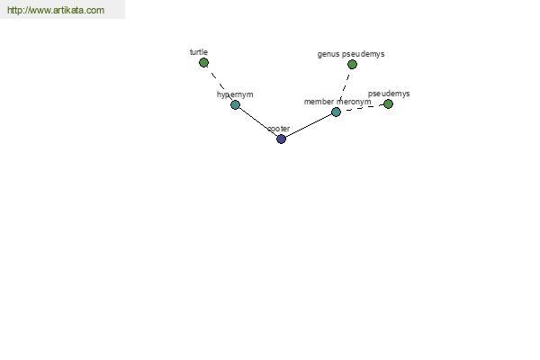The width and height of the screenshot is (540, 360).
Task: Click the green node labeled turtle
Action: tap(203, 63)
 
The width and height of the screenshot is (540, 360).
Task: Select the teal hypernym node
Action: tap(235, 104)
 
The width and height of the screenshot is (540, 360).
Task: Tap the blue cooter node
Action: tap(281, 139)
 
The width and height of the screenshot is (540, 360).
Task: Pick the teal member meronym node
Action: tap(336, 112)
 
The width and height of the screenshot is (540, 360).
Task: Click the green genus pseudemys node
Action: tap(352, 65)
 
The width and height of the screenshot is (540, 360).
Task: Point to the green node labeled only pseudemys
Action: tap(388, 104)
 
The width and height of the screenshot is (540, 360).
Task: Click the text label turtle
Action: tap(199, 52)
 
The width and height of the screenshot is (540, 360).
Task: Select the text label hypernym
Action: tap(235, 94)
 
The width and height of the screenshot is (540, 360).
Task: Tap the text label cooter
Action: tap(279, 129)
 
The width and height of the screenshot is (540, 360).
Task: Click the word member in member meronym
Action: tap(319, 102)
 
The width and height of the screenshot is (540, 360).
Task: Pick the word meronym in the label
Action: tap(354, 102)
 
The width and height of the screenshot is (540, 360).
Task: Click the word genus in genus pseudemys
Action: tap(328, 54)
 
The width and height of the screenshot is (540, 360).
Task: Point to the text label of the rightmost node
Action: tap(389, 94)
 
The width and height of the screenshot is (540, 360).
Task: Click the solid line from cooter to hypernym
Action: tap(258, 122)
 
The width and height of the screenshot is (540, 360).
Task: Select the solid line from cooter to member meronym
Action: tap(308, 125)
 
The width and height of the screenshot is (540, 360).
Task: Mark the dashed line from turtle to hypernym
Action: tap(220, 84)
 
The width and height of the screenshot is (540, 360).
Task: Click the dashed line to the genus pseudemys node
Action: tap(344, 88)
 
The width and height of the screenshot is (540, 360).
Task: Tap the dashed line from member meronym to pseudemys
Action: tap(362, 108)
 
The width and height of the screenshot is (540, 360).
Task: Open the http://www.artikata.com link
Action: tap(56, 10)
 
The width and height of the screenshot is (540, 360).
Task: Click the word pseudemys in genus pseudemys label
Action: tap(364, 54)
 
